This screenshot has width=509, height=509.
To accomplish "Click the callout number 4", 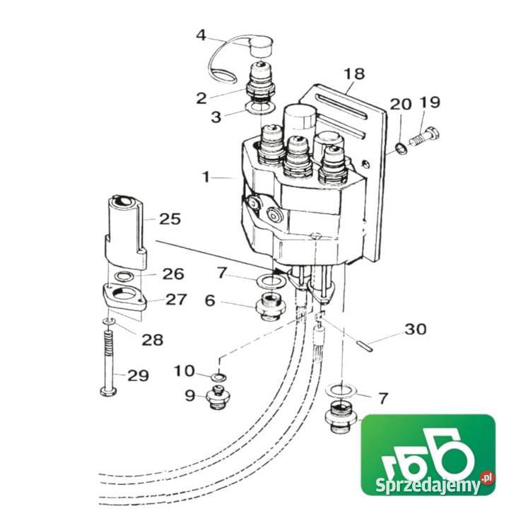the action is click(x=201, y=35).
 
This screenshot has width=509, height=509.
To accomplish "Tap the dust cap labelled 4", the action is click(x=262, y=47).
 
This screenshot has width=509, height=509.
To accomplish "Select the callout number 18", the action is click(x=354, y=74).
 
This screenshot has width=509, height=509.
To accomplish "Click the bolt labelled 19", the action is click(x=424, y=136).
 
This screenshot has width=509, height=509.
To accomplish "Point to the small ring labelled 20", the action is click(x=402, y=148).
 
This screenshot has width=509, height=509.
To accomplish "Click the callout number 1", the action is click(x=206, y=177).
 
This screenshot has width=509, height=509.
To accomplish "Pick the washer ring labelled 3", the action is click(x=261, y=107).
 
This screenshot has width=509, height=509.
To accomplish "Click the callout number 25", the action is click(x=170, y=219).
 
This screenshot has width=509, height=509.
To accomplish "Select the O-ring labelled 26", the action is click(x=125, y=276).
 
